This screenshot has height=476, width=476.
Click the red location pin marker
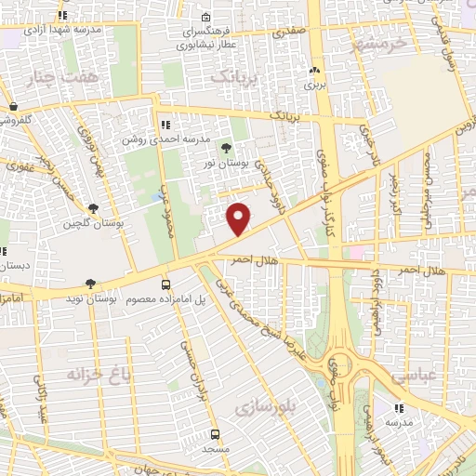coord(239,218)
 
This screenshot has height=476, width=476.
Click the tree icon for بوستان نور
coord(226,146)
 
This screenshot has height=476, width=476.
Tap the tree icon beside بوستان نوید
coord(90,284)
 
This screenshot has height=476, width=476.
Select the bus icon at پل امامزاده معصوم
coord(165,284)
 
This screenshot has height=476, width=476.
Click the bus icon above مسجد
coord(215,434)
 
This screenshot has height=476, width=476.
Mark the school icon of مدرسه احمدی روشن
coord(165,124)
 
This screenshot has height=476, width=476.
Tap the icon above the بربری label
coord(313,70)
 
